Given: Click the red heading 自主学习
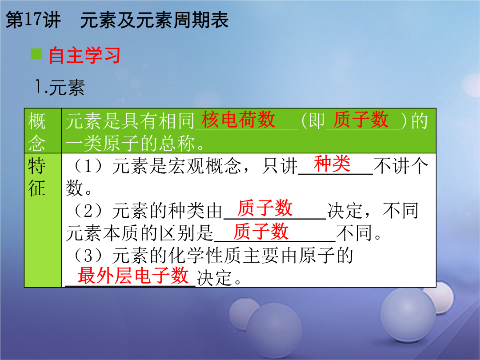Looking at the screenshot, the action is [84, 56].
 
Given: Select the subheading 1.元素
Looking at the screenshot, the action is [60, 87].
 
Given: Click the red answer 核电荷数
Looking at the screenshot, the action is [238, 120].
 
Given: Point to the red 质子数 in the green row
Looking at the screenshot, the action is [361, 120].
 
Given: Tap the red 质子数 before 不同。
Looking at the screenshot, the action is [261, 232].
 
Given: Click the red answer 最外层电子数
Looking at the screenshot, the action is [133, 275].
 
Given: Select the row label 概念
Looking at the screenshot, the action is [37, 132].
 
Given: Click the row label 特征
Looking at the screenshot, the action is [37, 176].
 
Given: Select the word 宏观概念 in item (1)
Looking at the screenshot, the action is [204, 166].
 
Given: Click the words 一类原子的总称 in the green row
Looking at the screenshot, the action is [130, 143].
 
